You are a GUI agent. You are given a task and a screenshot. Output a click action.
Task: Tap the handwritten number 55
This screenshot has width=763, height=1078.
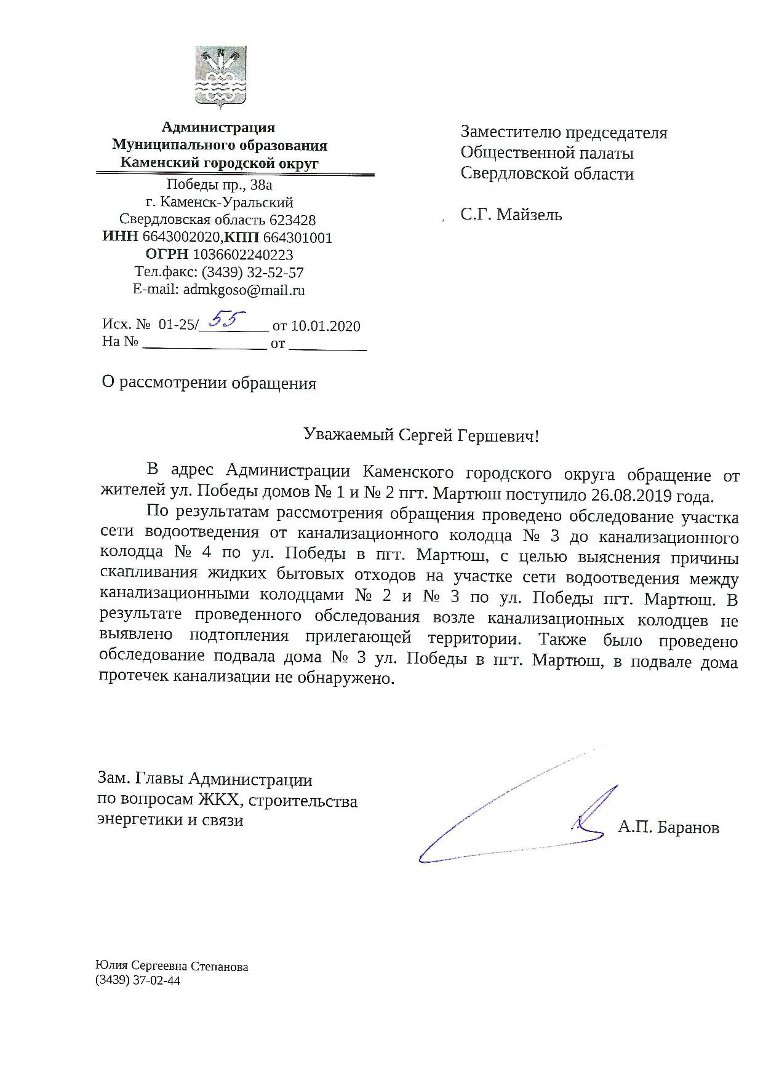[x=227, y=319]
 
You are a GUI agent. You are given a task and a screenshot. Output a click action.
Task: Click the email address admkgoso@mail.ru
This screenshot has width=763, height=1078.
[x=244, y=290]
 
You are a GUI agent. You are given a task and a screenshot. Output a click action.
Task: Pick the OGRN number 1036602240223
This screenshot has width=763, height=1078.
[x=242, y=255]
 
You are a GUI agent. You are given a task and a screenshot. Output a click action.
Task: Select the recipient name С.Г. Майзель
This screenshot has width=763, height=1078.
[x=511, y=215]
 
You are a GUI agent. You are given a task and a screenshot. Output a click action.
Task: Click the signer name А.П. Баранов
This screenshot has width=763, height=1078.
[x=668, y=828]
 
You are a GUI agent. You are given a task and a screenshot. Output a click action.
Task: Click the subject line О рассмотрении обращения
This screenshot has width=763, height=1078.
[x=209, y=383]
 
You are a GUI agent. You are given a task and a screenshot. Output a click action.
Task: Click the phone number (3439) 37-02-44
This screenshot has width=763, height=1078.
[x=138, y=981]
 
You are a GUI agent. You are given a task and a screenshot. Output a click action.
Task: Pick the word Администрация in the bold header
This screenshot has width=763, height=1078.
[x=218, y=128]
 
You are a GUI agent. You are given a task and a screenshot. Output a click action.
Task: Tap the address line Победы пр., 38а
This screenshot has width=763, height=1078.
[x=219, y=184]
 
